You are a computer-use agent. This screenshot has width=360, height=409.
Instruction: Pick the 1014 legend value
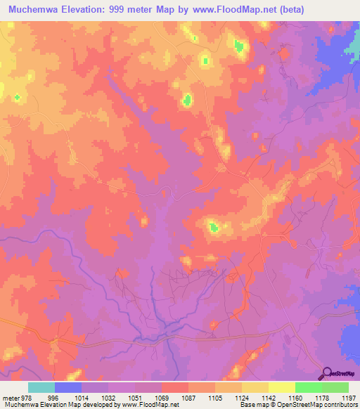[x=80, y=397]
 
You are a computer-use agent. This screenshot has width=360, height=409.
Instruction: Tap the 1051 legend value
[x=134, y=397]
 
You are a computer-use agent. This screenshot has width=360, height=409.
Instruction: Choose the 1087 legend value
[x=188, y=397]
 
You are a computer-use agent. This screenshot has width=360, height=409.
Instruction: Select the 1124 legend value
[x=241, y=397]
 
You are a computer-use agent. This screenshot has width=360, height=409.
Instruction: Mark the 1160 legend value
[x=295, y=397]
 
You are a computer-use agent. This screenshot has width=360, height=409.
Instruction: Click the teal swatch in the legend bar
[x=41, y=387]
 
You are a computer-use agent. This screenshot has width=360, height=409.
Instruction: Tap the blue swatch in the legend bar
[x=68, y=387]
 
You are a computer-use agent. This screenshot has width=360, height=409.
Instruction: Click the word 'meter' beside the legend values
[x=11, y=397]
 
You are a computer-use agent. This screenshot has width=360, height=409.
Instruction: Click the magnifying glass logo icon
[x=326, y=374]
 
